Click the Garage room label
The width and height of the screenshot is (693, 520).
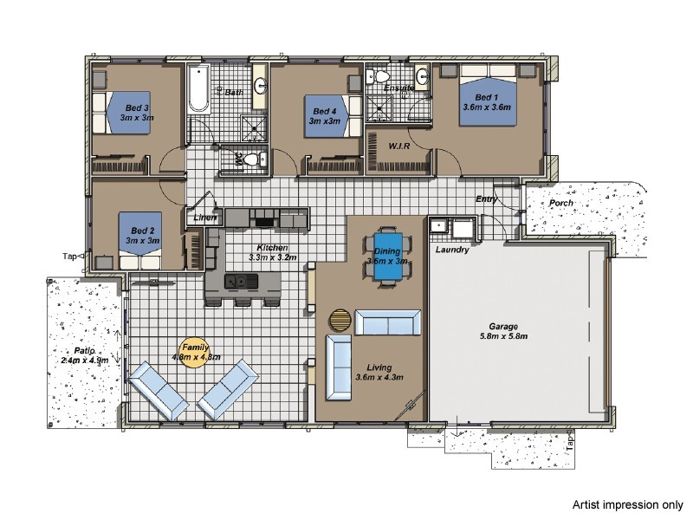503,327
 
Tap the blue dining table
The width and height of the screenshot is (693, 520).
387,256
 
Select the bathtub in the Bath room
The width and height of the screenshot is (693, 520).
199,88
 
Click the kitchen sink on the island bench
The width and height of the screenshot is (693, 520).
241,281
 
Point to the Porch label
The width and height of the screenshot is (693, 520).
560,203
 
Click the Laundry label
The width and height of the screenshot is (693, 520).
452,250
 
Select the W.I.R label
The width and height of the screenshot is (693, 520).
399,146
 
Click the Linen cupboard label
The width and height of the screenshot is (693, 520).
205,218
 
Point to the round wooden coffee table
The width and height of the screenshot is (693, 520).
340,319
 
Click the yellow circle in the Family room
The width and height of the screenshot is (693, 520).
194,354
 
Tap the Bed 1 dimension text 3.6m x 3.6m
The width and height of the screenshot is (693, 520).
487,107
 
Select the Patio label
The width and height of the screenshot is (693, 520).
84,351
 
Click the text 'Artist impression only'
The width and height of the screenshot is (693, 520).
627,504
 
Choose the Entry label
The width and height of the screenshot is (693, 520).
486,199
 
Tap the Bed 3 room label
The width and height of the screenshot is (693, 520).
137,107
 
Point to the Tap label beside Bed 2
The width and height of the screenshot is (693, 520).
69,256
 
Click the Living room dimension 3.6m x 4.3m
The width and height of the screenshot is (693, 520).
379,378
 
